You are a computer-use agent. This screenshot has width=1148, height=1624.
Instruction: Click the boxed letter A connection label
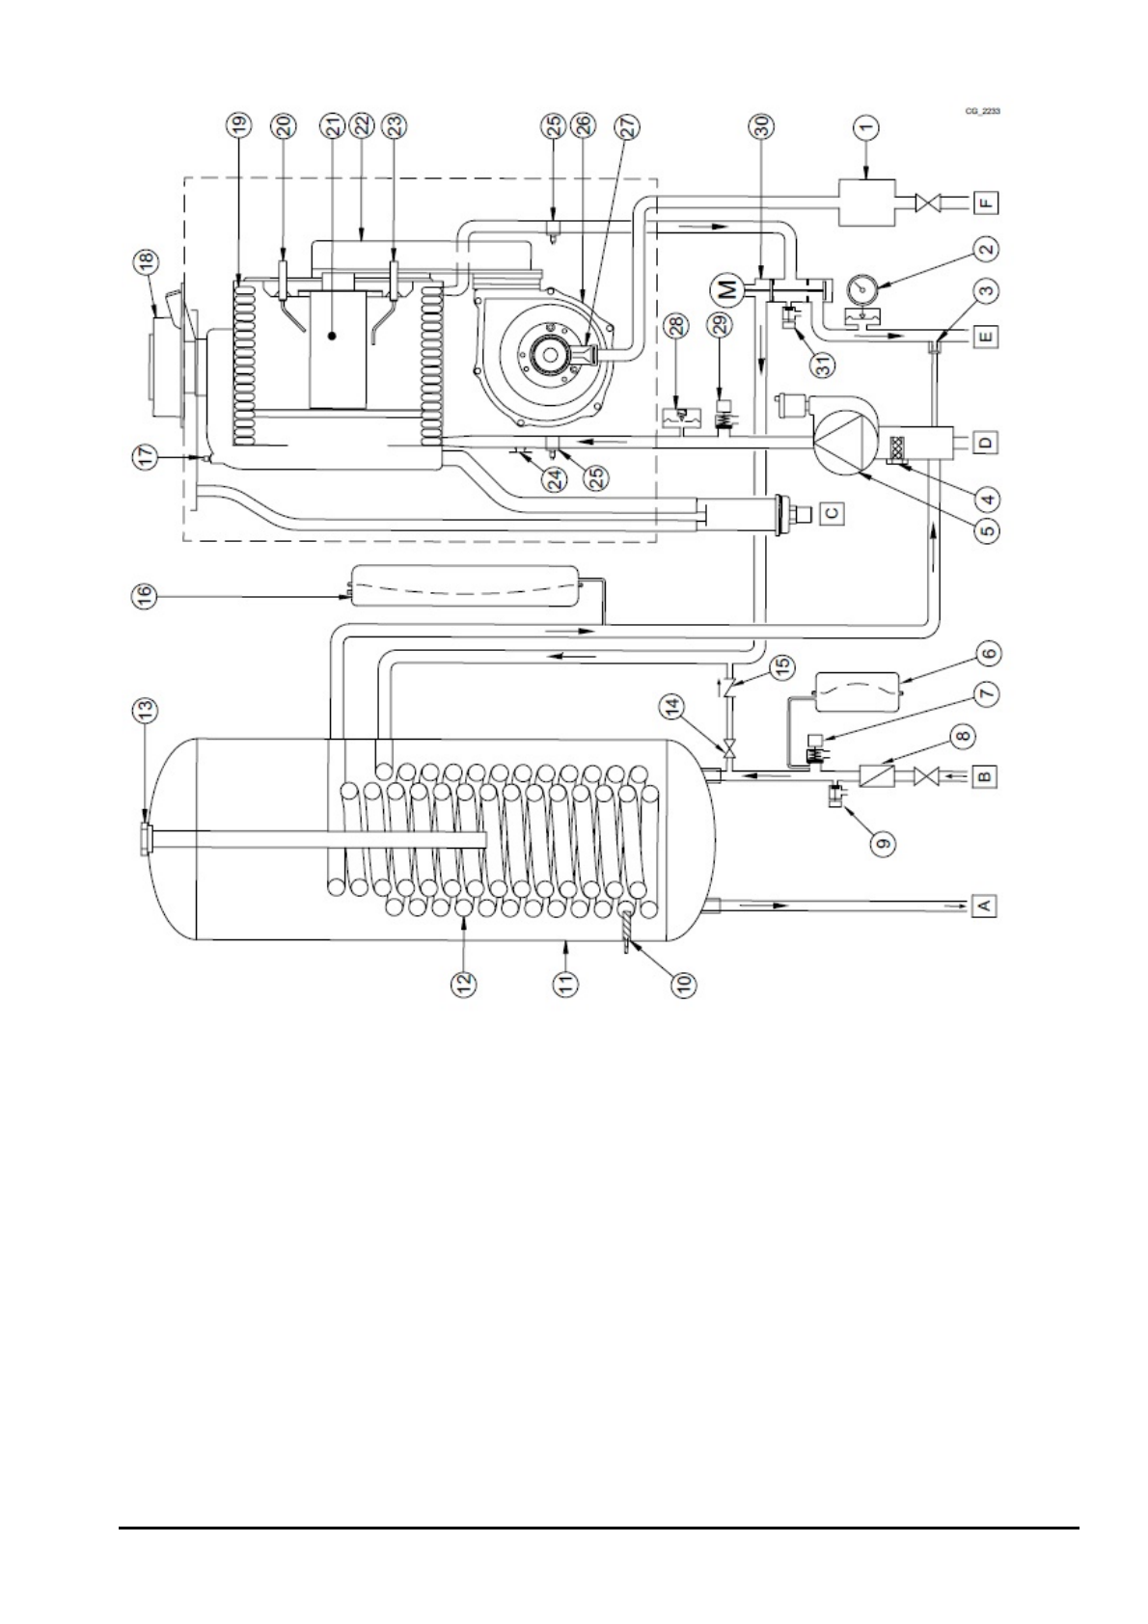[x=984, y=905]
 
